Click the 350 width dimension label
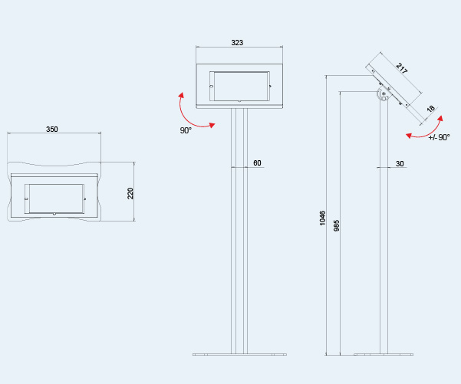tap(52, 130)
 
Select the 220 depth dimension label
tap(130, 193)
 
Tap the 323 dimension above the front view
tap(237, 43)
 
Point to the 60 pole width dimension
tap(257, 163)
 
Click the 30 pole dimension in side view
tap(400, 163)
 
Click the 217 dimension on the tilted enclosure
tap(402, 69)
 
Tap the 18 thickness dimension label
tap(430, 109)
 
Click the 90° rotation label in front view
tap(186, 130)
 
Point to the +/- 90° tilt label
tap(439, 138)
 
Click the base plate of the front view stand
tap(239, 354)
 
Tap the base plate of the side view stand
tap(384, 354)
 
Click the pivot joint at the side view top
tap(384, 95)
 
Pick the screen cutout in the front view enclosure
tap(240, 86)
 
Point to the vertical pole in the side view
tap(384, 230)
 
